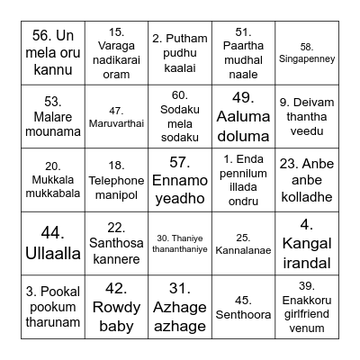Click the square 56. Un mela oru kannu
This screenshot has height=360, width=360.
click(53, 53)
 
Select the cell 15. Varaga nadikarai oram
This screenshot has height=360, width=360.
click(116, 53)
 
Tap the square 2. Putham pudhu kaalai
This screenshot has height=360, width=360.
click(180, 53)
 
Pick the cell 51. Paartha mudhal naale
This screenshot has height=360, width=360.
click(243, 53)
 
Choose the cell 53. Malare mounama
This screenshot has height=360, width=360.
click(53, 117)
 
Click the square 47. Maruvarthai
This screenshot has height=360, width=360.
click(116, 117)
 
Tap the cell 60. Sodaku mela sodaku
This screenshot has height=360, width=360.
click(180, 117)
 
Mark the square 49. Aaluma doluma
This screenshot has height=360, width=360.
click(243, 117)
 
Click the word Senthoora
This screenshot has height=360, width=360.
click(243, 313)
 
